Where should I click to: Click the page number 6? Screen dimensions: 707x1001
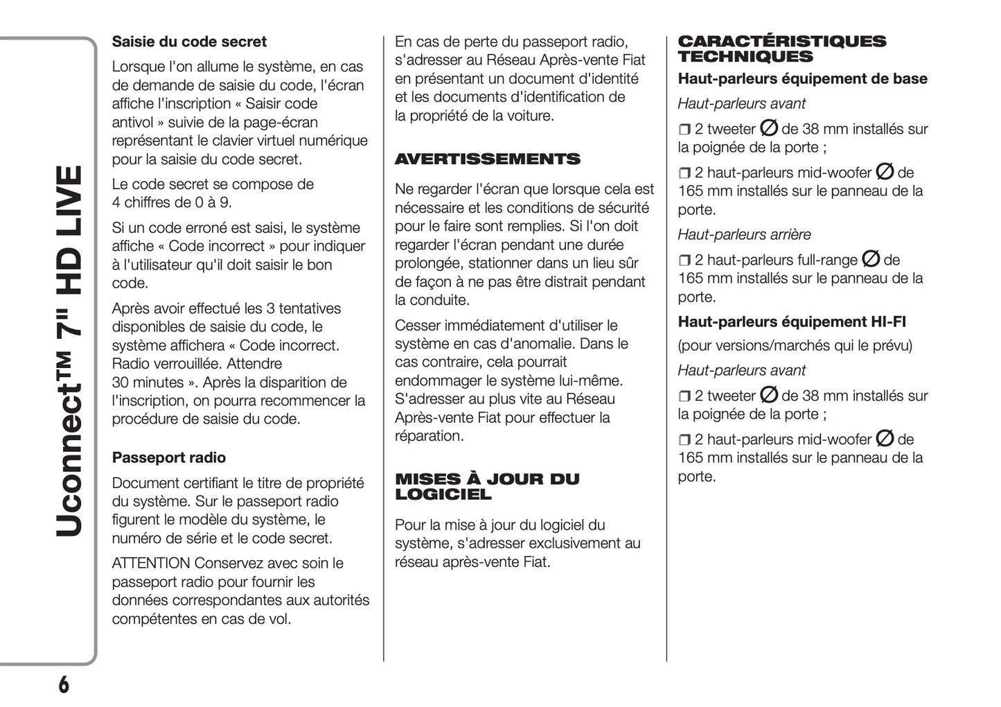[x=63, y=684]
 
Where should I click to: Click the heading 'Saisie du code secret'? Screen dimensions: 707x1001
[x=189, y=42]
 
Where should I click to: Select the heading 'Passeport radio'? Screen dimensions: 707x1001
[x=169, y=457]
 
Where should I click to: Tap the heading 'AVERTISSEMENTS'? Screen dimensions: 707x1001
[x=488, y=159]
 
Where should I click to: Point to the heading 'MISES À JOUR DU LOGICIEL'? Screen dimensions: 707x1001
[x=487, y=487]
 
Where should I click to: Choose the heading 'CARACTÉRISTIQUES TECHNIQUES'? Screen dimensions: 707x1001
[x=781, y=49]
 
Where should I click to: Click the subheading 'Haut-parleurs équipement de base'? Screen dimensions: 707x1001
[x=802, y=79]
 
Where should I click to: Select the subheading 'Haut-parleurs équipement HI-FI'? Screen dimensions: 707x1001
[x=792, y=322]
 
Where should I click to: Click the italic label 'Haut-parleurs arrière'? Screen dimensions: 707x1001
[x=744, y=235]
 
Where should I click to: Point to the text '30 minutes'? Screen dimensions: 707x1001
[x=148, y=383]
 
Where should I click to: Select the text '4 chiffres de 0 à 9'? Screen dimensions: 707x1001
[x=171, y=202]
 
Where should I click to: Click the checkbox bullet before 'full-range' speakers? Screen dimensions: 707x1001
[x=684, y=261]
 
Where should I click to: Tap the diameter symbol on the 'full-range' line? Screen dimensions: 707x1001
[x=871, y=259]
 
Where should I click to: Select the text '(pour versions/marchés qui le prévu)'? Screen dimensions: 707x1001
[x=795, y=345]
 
